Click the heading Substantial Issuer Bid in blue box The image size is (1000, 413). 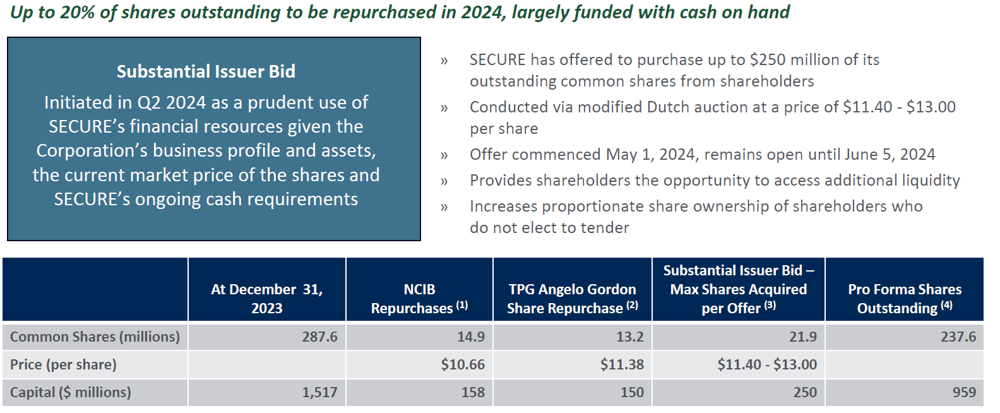point(206,71)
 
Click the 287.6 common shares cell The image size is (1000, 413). point(319,337)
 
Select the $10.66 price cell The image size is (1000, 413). point(463,364)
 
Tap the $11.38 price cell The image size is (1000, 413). point(622,364)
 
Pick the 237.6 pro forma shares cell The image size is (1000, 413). point(958,337)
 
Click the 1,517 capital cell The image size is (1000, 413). point(319,392)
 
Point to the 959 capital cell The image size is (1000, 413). point(963,392)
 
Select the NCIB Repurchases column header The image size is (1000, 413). point(419,298)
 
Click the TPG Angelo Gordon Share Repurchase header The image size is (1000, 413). point(572,298)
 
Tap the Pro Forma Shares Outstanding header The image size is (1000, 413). point(904,298)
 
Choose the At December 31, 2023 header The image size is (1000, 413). point(266,298)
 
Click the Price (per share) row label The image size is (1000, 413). point(63,364)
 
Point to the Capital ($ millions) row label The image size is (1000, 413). point(70,392)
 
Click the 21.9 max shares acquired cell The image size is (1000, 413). point(802,337)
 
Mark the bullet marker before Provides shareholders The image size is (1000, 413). point(444,181)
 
